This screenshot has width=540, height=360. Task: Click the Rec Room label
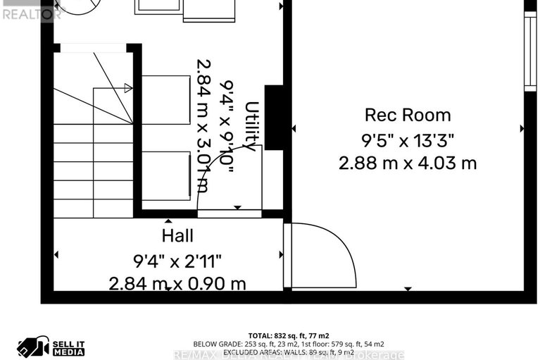pyautogui.click(x=408, y=115)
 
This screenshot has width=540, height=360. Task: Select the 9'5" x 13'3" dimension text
pyautogui.click(x=408, y=139)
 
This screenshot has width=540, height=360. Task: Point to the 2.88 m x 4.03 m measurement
pyautogui.click(x=408, y=163)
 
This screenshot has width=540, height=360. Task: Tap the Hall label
pyautogui.click(x=177, y=236)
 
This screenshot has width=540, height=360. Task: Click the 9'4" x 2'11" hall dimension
pyautogui.click(x=177, y=261)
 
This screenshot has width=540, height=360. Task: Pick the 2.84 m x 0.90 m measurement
pyautogui.click(x=177, y=284)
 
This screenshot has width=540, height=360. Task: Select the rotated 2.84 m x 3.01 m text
pyautogui.click(x=203, y=125)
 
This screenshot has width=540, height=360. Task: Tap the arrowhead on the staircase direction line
pyautogui.click(x=127, y=88)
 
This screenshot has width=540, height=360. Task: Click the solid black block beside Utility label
pyautogui.click(x=274, y=117)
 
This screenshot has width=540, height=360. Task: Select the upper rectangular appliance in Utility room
pyautogui.click(x=166, y=100)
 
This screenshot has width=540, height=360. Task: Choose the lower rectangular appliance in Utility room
pyautogui.click(x=166, y=175)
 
